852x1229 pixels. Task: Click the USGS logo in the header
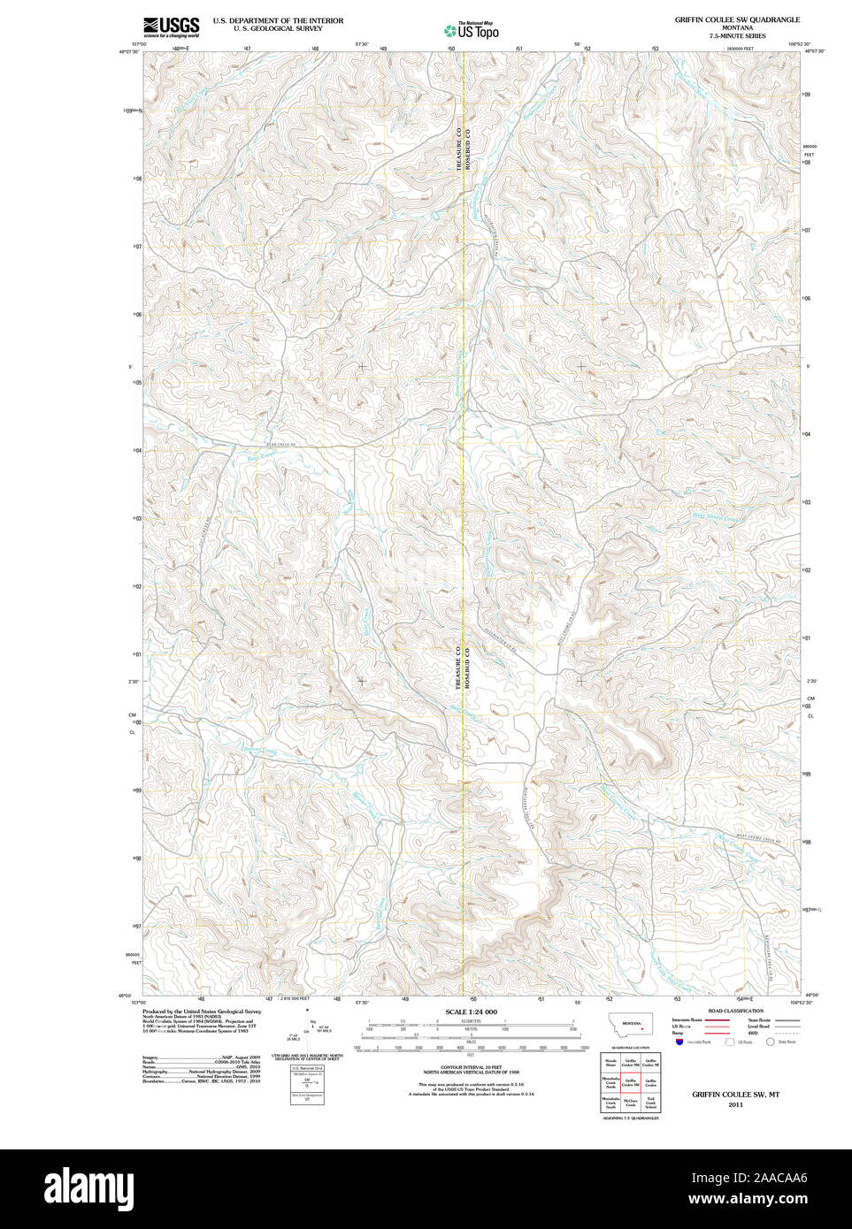pos(171,27)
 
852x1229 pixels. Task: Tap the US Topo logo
pos(472,30)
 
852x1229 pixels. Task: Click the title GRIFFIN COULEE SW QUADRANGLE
pos(737,19)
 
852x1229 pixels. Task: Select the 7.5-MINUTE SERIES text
pos(737,35)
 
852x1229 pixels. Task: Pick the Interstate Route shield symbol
pos(679,1042)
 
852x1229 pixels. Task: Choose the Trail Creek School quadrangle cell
pos(651,1103)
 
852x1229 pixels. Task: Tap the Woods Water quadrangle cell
pos(610,1064)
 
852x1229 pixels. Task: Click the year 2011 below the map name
pos(736,1105)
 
